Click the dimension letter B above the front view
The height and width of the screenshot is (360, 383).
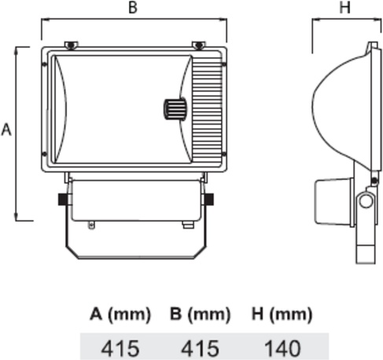tap(133, 7)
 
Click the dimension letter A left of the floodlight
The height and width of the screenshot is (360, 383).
tap(6, 130)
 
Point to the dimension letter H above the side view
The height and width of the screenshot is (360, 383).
tap(344, 7)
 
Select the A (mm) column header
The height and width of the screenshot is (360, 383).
tap(120, 314)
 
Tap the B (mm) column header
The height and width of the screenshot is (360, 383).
tap(200, 314)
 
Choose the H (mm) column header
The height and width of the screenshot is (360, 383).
tap(282, 314)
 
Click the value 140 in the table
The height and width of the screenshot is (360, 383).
tap(282, 348)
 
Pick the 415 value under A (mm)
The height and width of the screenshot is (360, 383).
tap(120, 348)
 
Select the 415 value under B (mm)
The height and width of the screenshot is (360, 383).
tap(201, 348)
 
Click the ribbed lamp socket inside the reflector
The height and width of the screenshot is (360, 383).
tap(175, 109)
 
